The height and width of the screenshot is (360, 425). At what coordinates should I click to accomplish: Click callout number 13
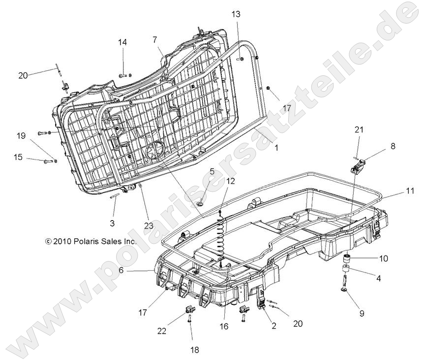tap(236, 14)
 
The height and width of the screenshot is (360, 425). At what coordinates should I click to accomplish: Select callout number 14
tap(122, 42)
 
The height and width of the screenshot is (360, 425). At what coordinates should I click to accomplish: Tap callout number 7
tap(154, 39)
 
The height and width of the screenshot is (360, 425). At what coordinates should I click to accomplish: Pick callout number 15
tap(18, 157)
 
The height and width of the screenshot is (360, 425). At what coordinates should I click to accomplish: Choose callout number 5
tap(212, 172)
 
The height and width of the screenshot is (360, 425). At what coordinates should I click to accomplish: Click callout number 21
tap(359, 130)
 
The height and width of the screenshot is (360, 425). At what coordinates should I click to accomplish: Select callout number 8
tap(393, 146)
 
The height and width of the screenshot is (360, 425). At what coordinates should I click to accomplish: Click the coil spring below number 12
tap(221, 232)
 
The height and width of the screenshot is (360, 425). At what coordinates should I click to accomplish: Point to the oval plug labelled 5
tap(201, 202)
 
